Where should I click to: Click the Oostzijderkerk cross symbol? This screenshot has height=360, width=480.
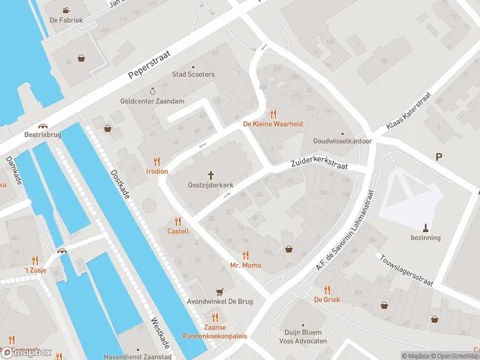(x=211, y=175)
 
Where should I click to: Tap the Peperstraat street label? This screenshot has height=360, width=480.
(x=149, y=65)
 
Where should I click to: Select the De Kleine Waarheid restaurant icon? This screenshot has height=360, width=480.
(x=273, y=113)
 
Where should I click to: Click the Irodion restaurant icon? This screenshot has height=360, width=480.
(x=157, y=161)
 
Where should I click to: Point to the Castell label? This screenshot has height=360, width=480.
(x=178, y=231)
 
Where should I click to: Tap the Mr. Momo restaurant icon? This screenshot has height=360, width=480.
(x=245, y=255)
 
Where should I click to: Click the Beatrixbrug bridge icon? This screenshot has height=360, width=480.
(x=43, y=126)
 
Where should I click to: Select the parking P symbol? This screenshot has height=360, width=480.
(x=439, y=157)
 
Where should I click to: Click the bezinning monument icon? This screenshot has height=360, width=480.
(x=426, y=227)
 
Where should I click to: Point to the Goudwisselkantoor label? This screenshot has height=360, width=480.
(x=343, y=142)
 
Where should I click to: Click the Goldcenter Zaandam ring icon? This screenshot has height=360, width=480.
(x=152, y=91)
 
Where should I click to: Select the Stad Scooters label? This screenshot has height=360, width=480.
(x=193, y=74)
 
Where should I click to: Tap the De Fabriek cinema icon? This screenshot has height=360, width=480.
(x=66, y=10)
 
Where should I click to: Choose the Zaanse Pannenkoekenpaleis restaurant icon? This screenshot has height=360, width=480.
(x=215, y=317)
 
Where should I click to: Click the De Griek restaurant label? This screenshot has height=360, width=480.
(x=327, y=299)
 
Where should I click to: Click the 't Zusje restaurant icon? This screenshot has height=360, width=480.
(x=35, y=260)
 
